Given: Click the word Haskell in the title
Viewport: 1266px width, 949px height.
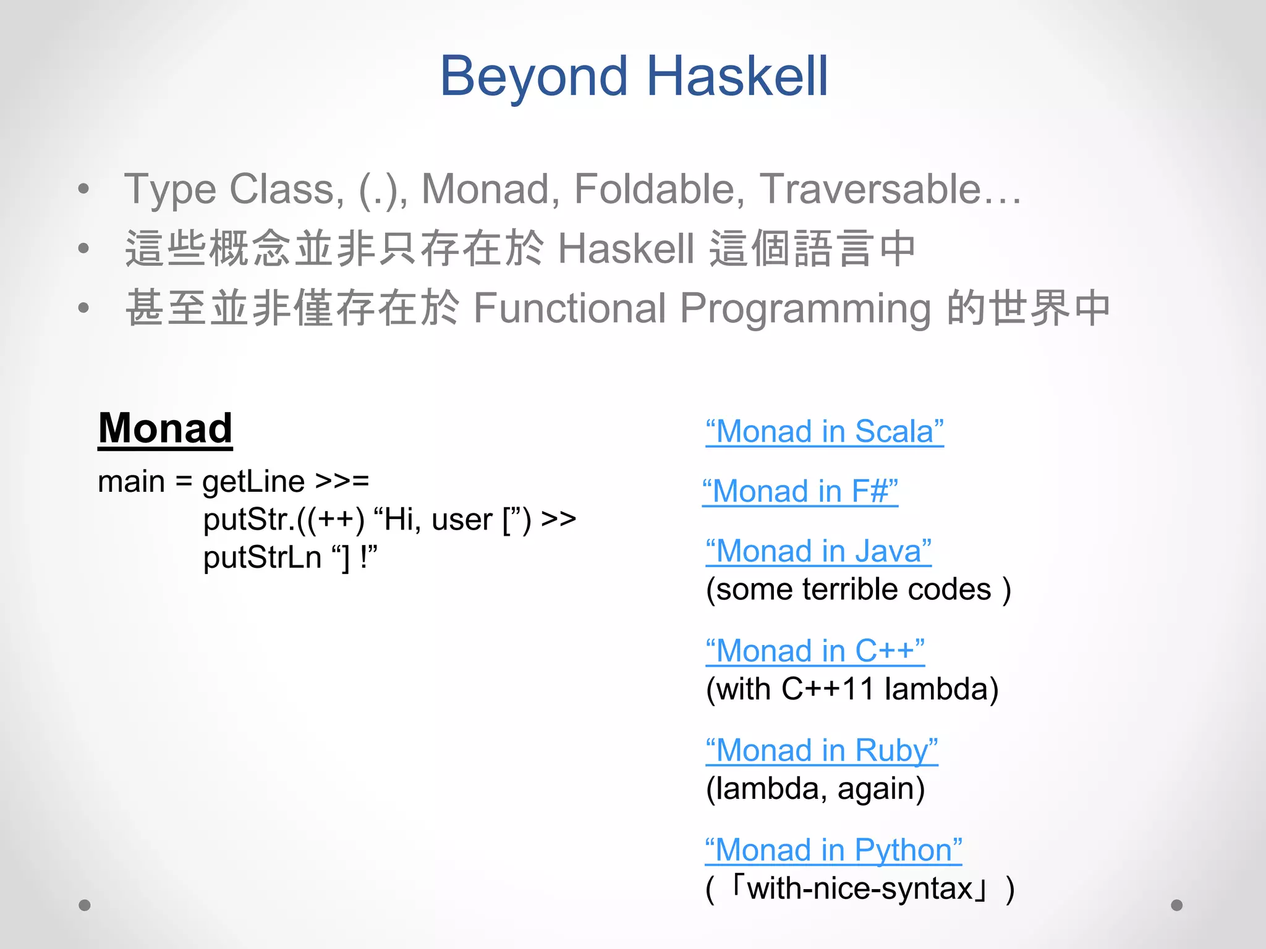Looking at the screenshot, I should pos(737,77).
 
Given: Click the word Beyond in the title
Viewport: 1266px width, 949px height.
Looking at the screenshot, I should pos(533,77).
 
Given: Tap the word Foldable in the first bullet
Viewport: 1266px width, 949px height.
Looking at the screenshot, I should pos(659,188).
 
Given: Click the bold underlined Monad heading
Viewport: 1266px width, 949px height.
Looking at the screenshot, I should pos(165,428).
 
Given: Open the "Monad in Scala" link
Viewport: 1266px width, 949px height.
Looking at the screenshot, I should pos(824,431).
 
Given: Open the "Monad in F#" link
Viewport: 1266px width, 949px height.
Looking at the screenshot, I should pos(800,492).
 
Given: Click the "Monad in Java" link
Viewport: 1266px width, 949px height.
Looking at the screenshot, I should pos(818,551).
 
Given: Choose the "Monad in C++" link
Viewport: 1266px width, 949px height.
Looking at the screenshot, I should pos(815,651).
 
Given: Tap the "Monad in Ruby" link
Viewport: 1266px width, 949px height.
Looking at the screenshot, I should pos(822,751).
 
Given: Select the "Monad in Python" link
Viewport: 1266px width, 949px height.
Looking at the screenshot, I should pos(833,850).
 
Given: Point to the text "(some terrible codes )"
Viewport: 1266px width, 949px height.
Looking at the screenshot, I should pos(858,589).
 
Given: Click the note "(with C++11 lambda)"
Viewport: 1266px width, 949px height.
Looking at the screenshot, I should pos(852,689).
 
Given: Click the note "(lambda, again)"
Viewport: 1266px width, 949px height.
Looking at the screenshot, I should pos(815,789).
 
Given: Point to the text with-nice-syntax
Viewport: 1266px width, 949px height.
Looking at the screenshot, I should pos(860,889).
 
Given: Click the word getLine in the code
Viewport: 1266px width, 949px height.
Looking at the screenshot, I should pos(253,481).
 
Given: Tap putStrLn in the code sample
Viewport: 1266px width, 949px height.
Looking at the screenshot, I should pos(262,557).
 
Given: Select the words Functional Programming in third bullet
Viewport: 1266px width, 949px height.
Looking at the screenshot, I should pos(701,308).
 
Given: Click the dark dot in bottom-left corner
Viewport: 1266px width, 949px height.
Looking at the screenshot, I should pos(85,905).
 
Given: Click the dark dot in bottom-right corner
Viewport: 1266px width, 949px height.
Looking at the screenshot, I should pos(1176,905).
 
